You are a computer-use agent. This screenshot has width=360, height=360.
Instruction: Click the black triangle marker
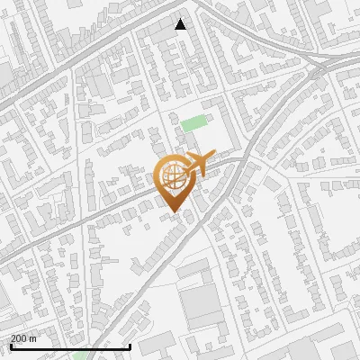click(181, 24)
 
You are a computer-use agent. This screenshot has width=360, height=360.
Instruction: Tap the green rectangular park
click(193, 123)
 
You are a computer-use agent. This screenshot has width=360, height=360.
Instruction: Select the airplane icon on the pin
click(196, 164)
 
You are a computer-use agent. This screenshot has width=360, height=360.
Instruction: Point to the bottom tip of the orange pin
click(174, 214)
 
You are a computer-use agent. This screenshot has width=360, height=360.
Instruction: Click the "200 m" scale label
click(23, 338)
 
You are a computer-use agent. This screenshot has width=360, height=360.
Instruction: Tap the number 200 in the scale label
click(19, 338)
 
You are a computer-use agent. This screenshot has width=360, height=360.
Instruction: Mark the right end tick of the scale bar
click(130, 346)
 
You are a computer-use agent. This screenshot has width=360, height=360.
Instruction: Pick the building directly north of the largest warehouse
click(193, 269)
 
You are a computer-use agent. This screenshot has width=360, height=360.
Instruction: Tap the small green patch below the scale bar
click(81, 355)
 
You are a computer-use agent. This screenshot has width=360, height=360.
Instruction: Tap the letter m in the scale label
click(33, 338)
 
